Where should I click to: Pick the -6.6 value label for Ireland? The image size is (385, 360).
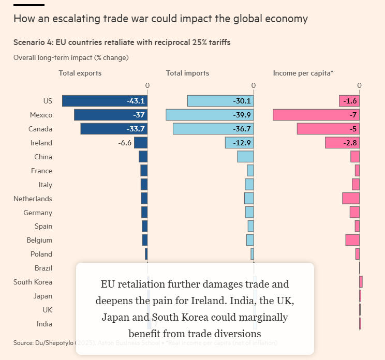(125, 143)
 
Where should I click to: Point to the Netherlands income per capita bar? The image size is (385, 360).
(351, 198)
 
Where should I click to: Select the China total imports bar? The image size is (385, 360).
(245, 157)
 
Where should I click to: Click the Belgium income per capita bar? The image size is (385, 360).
(352, 240)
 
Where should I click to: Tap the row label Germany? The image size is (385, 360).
(38, 213)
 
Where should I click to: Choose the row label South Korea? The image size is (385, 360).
(33, 282)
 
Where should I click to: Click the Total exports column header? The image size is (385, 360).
(80, 73)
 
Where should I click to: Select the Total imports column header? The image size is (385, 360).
(187, 73)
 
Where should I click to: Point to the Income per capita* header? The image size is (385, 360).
(303, 73)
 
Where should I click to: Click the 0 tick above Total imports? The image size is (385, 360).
(254, 85)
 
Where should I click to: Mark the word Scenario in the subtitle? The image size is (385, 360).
(29, 42)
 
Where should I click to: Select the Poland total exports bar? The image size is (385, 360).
(146, 254)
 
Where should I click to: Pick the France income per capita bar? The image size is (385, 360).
(357, 171)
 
